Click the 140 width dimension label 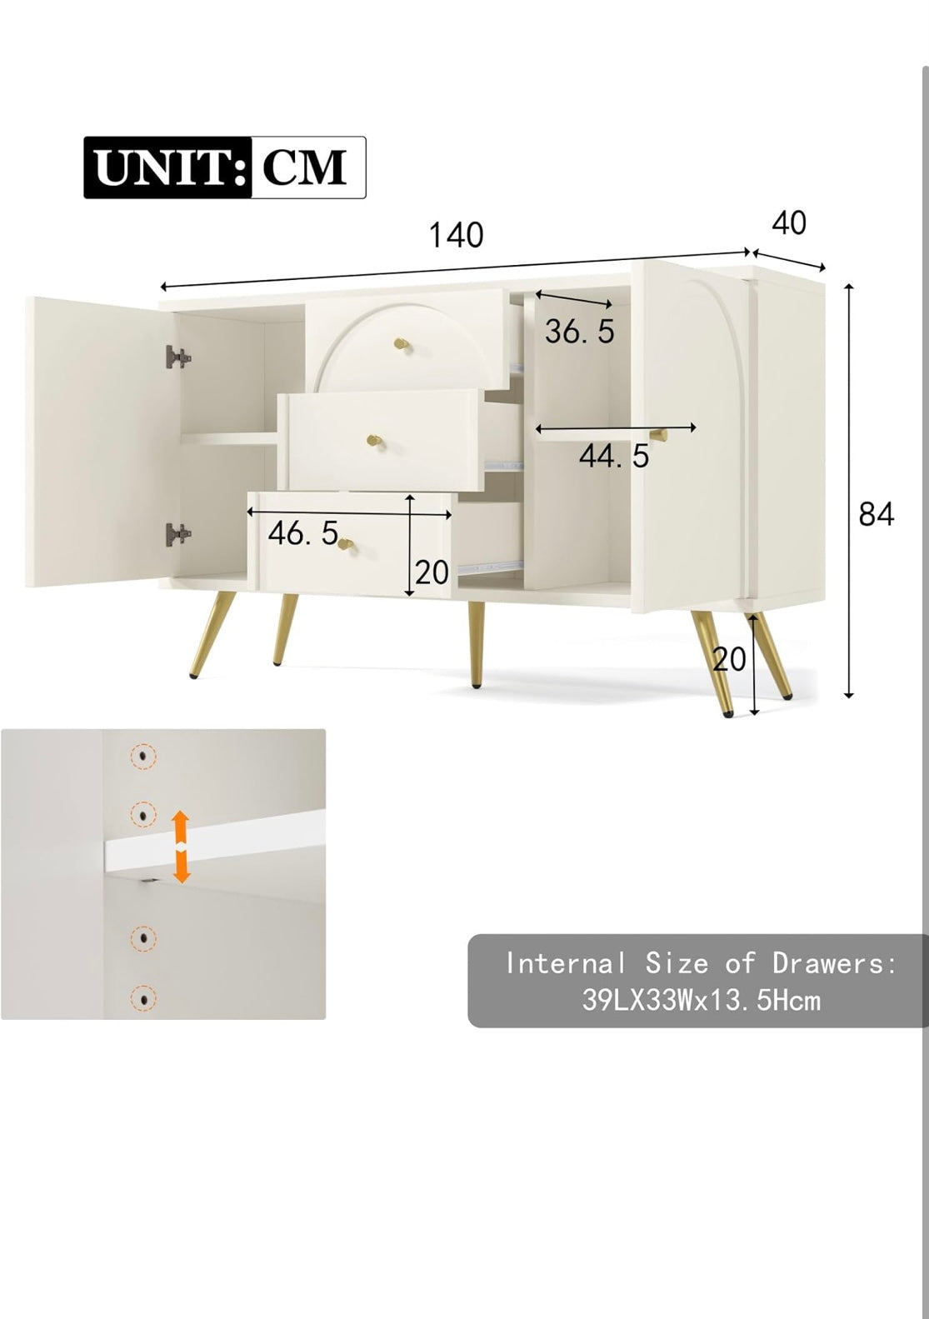[x=457, y=235]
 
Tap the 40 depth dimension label [x=789, y=223]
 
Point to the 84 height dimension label [x=876, y=513]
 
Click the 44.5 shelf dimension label [x=613, y=455]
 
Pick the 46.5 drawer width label [x=303, y=533]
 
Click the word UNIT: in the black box [x=169, y=167]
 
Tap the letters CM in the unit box [x=304, y=167]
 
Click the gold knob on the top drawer [x=402, y=344]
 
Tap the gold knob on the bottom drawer [x=347, y=545]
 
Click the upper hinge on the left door [x=178, y=357]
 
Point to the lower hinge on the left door [x=178, y=535]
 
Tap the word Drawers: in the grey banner [x=834, y=963]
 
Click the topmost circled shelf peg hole [x=143, y=756]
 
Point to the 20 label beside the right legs [x=729, y=659]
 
